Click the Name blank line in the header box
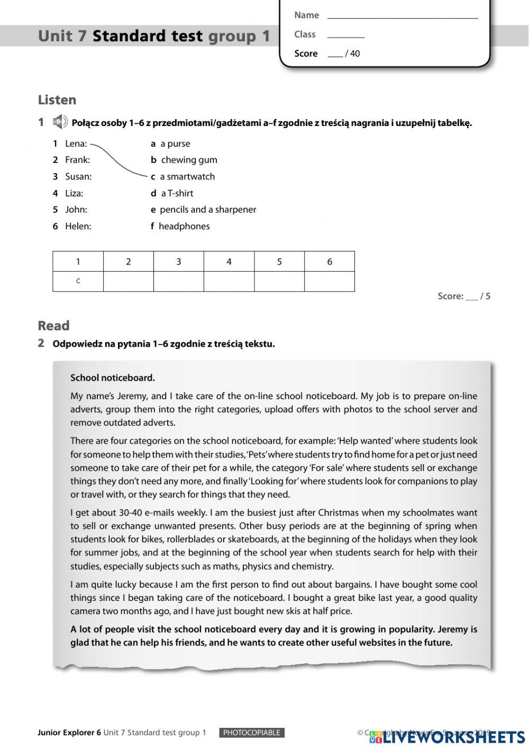point(403,17)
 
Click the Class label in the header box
point(305,34)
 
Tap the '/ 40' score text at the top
point(352,53)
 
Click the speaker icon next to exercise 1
point(60,122)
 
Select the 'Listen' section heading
point(57,100)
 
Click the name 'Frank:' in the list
point(77,160)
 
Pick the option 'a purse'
point(175,143)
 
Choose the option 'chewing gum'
point(189,160)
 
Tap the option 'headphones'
point(184,227)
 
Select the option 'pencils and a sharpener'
point(208,210)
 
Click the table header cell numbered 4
point(229,262)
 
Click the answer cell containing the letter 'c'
point(78,282)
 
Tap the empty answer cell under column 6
point(330,282)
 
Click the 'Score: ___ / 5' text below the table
point(464,296)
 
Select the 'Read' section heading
point(53,326)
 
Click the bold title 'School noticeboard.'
point(113,378)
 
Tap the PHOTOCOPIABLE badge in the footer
point(252,733)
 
